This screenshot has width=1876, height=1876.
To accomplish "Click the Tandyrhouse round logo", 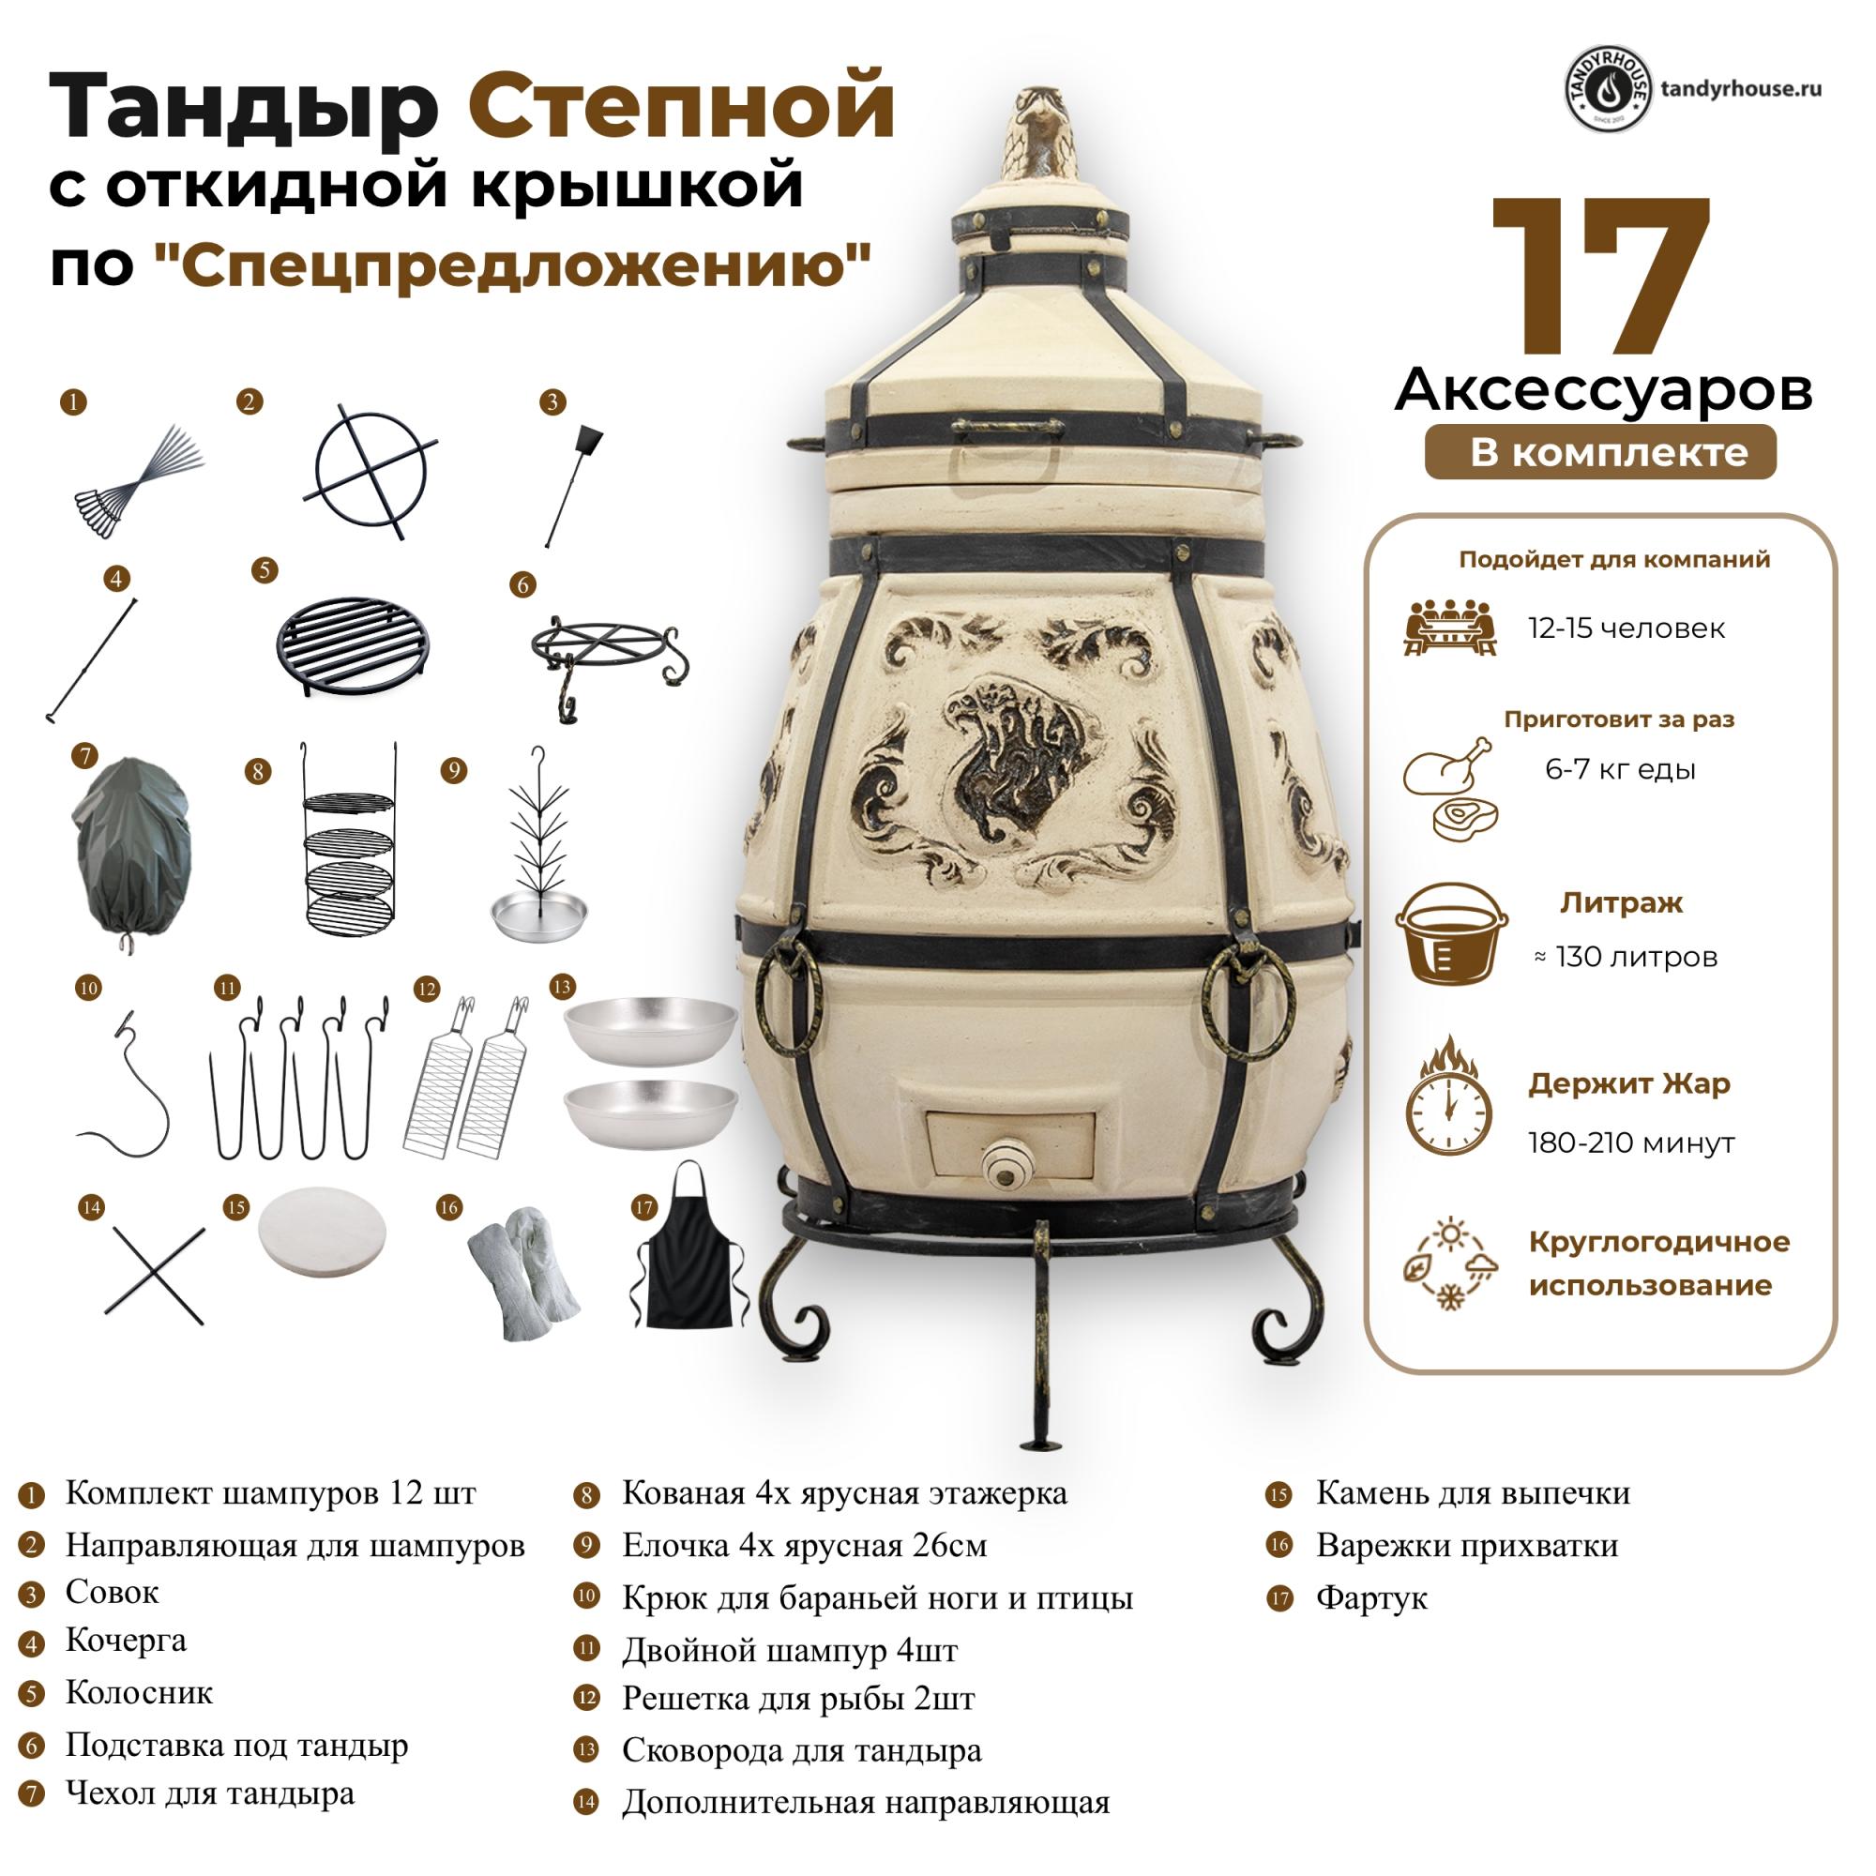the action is (1608, 89).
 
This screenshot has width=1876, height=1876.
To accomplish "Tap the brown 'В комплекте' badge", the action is (1600, 452).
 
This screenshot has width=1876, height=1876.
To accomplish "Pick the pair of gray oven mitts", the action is (523, 1271).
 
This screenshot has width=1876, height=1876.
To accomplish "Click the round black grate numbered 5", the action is (354, 644).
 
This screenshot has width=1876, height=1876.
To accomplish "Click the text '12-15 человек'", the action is (1626, 628).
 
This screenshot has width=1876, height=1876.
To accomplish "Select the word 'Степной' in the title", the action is (682, 105).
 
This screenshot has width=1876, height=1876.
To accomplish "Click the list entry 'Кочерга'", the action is (127, 1640).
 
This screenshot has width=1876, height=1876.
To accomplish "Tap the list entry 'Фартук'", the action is (1371, 1597).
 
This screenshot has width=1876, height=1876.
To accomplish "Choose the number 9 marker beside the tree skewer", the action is (453, 771).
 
